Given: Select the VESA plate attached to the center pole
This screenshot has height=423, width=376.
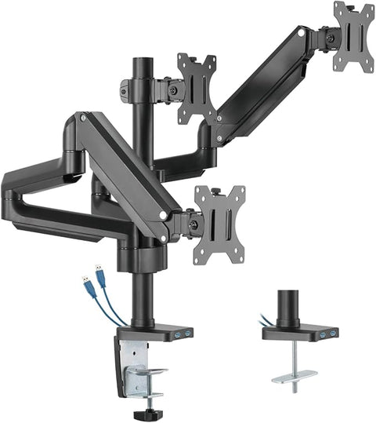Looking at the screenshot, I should click(196, 89).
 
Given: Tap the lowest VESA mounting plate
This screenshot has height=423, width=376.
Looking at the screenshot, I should click(219, 223).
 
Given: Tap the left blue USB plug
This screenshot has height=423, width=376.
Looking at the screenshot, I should click(84, 280).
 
